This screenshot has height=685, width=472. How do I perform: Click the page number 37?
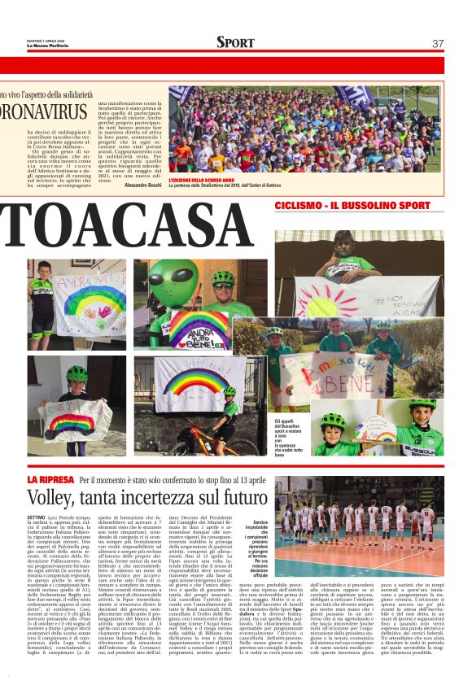pyautogui.click(x=438, y=43)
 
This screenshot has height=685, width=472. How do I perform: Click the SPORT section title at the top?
pyautogui.click(x=235, y=42)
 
